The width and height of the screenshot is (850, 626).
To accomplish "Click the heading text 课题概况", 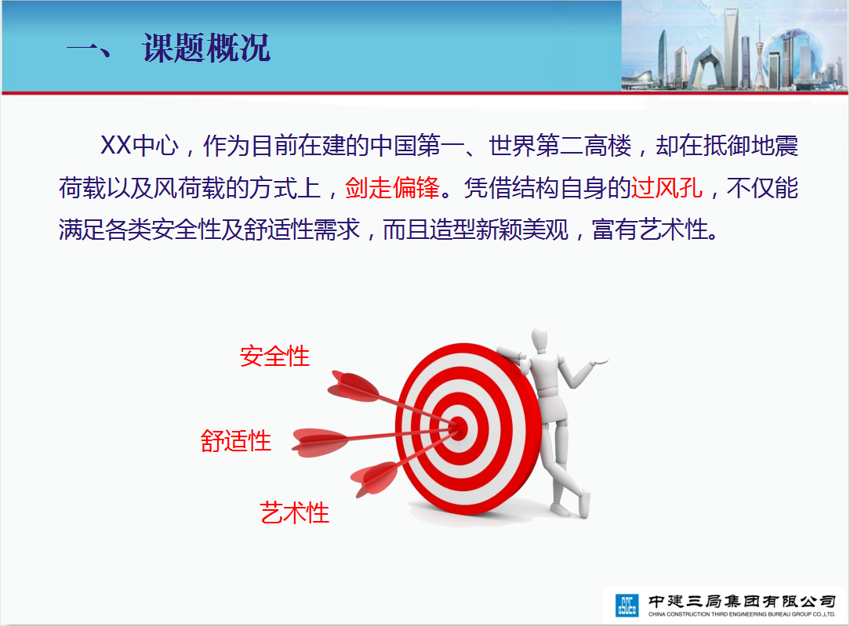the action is [x=206, y=48].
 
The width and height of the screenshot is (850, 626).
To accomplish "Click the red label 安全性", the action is [x=275, y=356].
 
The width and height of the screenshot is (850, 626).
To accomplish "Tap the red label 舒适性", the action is [x=236, y=441].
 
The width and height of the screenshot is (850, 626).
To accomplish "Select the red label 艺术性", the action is [x=294, y=512].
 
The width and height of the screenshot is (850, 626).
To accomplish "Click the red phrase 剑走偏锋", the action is [x=393, y=188].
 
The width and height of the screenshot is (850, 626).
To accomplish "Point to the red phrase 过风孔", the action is [x=667, y=188].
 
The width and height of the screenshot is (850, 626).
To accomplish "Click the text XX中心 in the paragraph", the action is [x=140, y=146].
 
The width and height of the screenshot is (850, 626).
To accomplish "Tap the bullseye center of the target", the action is [x=459, y=427].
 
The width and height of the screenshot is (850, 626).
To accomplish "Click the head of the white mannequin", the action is [x=540, y=341].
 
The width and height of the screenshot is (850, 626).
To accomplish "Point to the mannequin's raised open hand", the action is [x=599, y=360].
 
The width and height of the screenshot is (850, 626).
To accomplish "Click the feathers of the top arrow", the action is [x=352, y=387].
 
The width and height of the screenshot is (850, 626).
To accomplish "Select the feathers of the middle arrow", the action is [x=320, y=442].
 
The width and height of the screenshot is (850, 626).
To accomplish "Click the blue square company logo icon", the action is [x=627, y=605].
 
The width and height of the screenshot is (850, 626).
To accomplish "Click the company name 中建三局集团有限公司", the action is [x=742, y=601].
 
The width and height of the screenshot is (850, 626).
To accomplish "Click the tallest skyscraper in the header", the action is [x=732, y=48].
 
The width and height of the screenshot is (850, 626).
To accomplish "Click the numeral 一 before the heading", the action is [x=89, y=49].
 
